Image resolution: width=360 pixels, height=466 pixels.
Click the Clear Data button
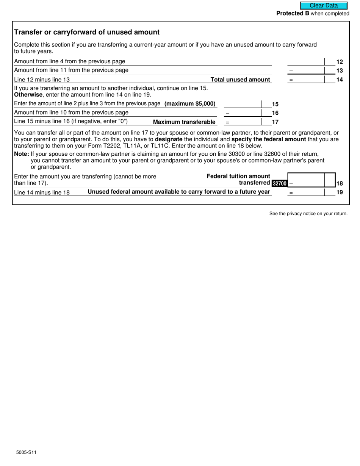click(324, 6)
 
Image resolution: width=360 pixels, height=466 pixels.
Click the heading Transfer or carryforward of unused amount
click(87, 32)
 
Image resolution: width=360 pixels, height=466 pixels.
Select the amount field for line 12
click(306, 61)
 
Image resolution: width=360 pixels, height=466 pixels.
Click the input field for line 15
click(242, 104)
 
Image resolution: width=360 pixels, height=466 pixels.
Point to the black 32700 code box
click(279, 183)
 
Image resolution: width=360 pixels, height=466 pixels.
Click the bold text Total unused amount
click(240, 80)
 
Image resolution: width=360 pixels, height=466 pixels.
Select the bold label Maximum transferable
click(184, 122)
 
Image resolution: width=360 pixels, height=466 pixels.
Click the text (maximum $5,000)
click(190, 103)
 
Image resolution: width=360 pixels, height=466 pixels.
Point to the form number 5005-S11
click(27, 452)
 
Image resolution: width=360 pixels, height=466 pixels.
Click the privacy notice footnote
click(308, 214)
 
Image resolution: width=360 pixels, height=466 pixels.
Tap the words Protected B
click(293, 14)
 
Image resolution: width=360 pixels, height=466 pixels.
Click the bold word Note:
click(22, 154)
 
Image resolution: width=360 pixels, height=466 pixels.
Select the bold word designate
click(169, 139)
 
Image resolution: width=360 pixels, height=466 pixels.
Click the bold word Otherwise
click(28, 95)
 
